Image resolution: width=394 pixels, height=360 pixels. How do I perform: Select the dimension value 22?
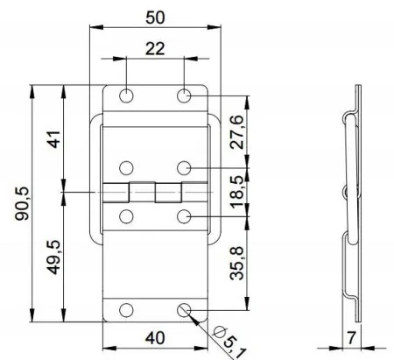(154, 50)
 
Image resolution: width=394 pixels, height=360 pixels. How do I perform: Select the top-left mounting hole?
(127, 95)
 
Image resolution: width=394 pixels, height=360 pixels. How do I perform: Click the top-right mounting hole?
(184, 95)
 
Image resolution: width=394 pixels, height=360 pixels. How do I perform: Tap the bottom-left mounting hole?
(127, 309)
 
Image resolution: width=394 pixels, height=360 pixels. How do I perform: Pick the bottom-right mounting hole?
(184, 309)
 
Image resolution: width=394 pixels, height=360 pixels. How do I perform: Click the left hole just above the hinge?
(127, 166)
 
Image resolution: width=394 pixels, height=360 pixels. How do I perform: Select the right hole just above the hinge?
(184, 166)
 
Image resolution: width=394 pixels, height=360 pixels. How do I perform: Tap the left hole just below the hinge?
(127, 215)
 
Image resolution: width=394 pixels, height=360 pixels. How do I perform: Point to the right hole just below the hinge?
(184, 215)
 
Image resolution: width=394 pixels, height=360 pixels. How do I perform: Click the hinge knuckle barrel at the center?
(155, 191)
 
